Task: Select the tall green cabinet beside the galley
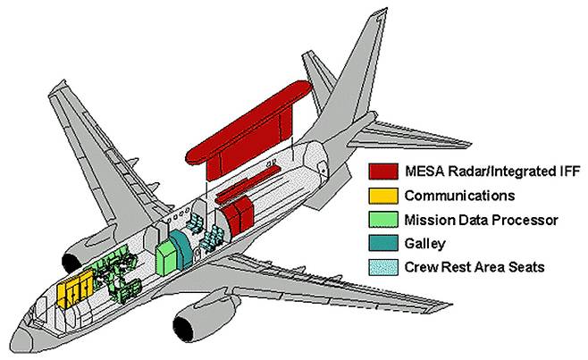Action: pos(166,255)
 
